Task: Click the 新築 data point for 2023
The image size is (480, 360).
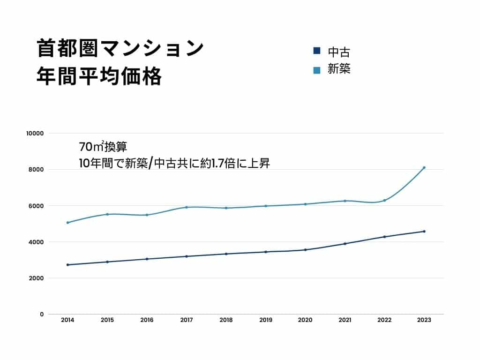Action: click(424, 167)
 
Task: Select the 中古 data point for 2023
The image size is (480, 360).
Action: click(424, 231)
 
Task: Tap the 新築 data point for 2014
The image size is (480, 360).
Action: click(67, 223)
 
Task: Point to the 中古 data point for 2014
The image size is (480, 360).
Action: click(67, 265)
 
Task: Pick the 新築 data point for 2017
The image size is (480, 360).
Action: click(187, 207)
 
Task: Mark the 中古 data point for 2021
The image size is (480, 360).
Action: click(345, 244)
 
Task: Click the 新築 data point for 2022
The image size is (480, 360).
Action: click(384, 201)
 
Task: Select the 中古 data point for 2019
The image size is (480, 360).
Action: click(266, 252)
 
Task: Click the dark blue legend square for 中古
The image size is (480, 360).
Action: click(316, 51)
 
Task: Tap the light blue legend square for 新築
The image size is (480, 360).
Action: click(316, 70)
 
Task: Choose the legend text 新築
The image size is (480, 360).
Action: click(339, 69)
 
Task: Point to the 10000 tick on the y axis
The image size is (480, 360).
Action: click(35, 133)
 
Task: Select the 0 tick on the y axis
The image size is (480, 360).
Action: click(41, 314)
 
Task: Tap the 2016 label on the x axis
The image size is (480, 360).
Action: click(147, 320)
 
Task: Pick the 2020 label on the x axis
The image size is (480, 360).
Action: click(305, 320)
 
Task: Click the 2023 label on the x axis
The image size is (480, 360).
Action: click(424, 320)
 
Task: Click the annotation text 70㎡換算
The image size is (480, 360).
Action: click(103, 147)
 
